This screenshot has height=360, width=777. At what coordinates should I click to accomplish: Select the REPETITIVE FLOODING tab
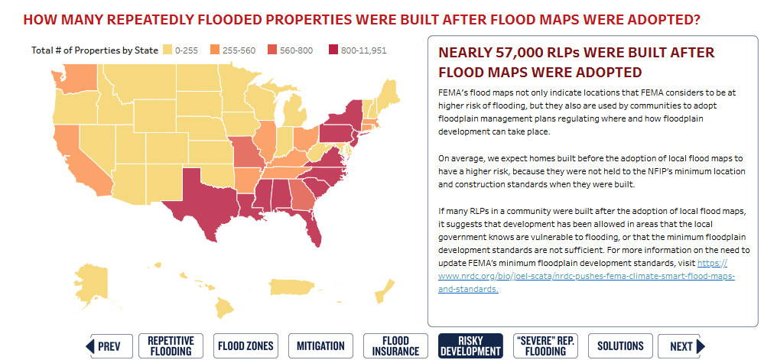[x=170, y=346]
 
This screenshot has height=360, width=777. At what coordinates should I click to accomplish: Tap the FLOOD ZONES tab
[x=245, y=346]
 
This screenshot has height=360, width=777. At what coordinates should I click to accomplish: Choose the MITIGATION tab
[x=320, y=346]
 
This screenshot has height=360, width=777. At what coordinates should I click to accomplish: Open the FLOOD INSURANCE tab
[x=395, y=346]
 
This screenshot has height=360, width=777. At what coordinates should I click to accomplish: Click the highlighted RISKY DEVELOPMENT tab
[x=470, y=346]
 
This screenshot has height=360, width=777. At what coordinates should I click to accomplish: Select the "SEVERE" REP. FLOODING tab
[x=545, y=346]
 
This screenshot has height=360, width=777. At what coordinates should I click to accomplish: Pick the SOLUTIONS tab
[x=620, y=346]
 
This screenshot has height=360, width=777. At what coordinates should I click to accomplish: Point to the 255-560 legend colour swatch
[x=215, y=50]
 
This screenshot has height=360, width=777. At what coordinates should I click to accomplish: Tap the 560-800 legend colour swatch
[x=272, y=50]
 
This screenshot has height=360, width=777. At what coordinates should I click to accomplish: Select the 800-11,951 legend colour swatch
[x=333, y=50]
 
